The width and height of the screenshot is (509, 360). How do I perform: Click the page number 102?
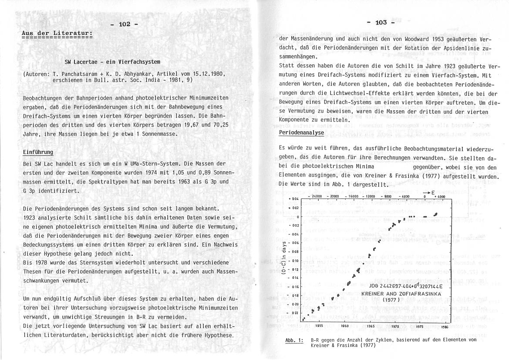(x=124, y=24)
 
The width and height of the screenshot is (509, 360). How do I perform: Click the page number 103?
(x=380, y=22)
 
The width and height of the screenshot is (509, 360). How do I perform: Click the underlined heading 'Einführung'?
(x=38, y=152)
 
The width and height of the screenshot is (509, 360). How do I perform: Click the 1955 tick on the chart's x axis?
(x=319, y=325)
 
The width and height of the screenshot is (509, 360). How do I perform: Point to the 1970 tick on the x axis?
(x=395, y=325)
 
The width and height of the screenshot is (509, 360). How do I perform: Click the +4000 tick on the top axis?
(x=440, y=197)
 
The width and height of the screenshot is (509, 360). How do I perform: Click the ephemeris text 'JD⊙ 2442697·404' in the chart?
(x=387, y=286)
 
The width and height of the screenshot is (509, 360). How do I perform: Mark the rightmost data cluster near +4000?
(x=435, y=214)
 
